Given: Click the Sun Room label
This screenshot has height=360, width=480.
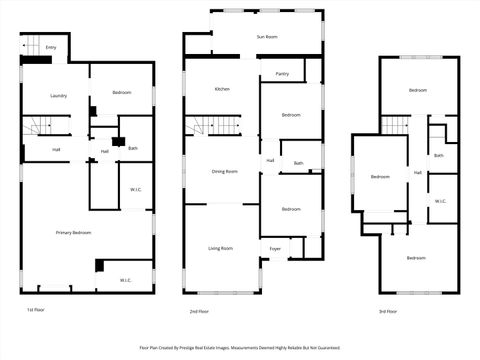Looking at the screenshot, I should click(x=266, y=36).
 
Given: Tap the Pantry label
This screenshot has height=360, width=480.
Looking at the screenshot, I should click(x=282, y=74).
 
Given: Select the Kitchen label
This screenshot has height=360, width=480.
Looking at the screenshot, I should click(x=222, y=90).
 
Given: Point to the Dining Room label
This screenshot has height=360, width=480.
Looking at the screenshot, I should click(x=224, y=171).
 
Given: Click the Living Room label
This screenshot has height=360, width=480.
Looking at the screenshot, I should click(x=220, y=248).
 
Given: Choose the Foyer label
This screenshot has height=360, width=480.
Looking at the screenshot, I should click(x=275, y=248).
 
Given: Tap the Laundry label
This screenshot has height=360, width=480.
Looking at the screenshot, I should click(x=59, y=96).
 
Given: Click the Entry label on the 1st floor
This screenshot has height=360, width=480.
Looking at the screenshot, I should click(x=51, y=48).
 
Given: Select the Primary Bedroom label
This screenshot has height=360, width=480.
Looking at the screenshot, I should click(x=73, y=232).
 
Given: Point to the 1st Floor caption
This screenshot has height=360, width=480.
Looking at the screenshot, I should click(x=36, y=311).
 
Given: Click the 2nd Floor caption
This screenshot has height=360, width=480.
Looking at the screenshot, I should click(x=199, y=312).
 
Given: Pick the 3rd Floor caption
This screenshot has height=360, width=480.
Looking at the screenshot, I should click(x=388, y=312).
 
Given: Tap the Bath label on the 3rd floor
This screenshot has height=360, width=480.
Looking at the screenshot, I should click(x=439, y=155).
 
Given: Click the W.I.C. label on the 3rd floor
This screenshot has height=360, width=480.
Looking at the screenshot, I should click(x=441, y=201).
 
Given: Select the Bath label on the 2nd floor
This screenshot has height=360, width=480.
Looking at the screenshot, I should click(x=298, y=163).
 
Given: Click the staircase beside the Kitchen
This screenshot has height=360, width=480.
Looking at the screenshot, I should click(x=217, y=127).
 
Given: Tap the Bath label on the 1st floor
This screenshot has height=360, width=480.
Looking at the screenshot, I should click(x=133, y=149).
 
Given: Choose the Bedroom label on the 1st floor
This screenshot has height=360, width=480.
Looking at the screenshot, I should click(x=122, y=93).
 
